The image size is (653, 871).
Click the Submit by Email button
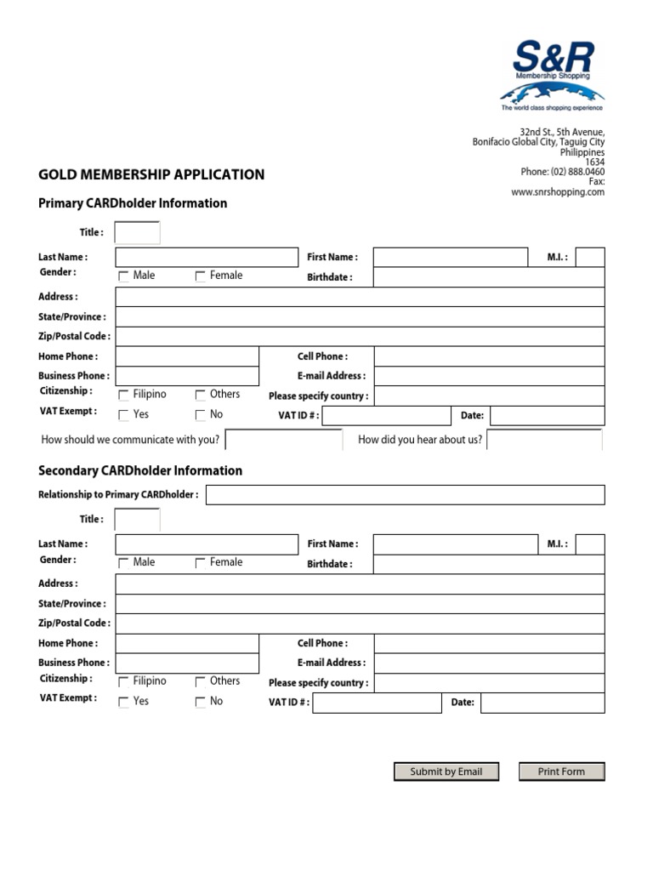tap(446, 771)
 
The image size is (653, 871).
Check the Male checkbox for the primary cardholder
tap(124, 276)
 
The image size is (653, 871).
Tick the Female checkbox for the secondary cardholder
tap(201, 563)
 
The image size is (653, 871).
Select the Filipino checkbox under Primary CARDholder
tap(124, 396)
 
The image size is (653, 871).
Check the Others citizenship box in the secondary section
tap(201, 682)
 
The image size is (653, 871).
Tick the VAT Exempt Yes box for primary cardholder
tap(124, 416)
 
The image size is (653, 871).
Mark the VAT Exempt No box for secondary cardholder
tap(201, 703)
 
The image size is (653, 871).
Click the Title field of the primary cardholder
tap(137, 232)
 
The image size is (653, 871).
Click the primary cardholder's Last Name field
tap(207, 257)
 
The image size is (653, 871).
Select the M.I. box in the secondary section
tap(590, 544)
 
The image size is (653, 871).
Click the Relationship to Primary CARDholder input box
tap(405, 495)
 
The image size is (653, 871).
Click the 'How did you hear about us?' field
tap(544, 440)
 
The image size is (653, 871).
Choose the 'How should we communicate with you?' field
tap(284, 440)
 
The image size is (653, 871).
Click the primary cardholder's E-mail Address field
tap(489, 376)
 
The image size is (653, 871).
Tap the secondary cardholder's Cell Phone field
tap(489, 644)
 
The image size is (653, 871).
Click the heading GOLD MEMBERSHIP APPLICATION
tap(151, 175)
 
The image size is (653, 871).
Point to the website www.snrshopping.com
tap(558, 192)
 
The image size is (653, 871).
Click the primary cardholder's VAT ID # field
tap(386, 416)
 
